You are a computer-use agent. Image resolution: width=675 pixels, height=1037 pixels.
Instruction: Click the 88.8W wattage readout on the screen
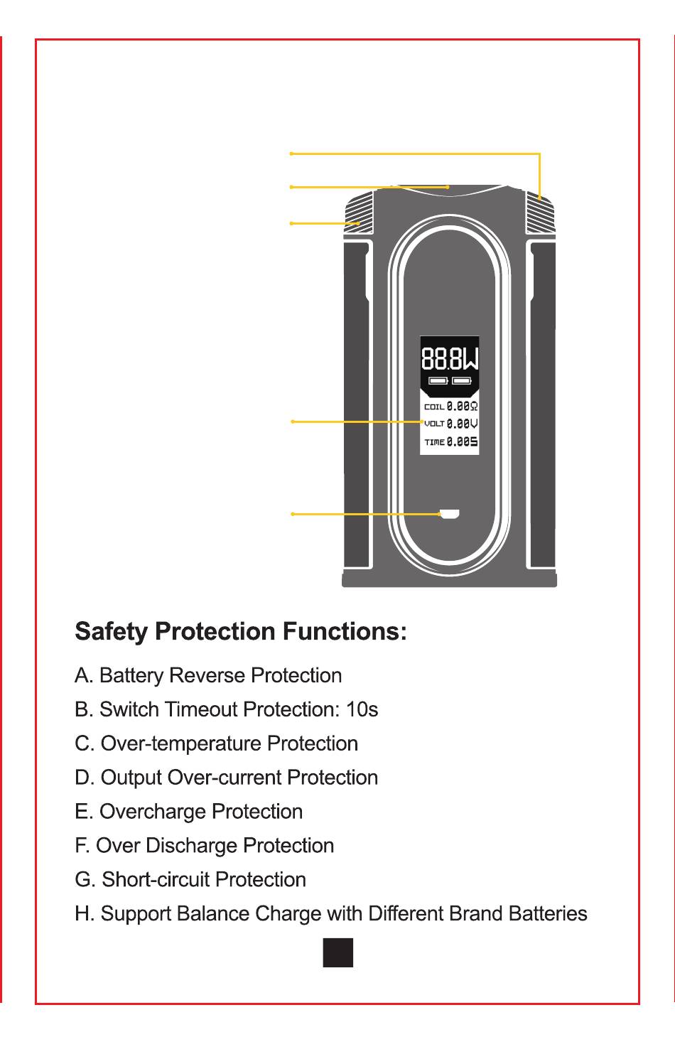point(450,360)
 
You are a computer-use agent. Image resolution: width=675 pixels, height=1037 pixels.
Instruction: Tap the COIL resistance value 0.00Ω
point(462,407)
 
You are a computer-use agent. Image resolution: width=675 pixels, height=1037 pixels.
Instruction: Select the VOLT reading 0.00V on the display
point(462,424)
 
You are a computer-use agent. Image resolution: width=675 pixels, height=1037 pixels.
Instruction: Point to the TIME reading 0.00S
point(462,442)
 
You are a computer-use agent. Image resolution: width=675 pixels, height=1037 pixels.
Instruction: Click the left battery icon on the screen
point(438,381)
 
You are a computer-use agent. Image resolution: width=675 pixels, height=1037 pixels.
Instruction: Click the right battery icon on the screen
point(462,381)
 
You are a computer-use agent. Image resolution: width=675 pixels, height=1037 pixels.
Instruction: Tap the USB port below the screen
point(450,514)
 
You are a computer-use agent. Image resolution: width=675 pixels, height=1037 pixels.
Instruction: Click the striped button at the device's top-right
point(540,213)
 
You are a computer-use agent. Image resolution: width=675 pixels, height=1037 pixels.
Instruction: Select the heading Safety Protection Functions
point(241,631)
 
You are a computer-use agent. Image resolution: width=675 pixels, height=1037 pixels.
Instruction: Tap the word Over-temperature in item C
point(181,743)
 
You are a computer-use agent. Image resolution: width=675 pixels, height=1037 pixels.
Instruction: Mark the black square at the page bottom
point(337,952)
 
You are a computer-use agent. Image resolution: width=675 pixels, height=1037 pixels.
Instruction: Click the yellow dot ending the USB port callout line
point(293,514)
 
